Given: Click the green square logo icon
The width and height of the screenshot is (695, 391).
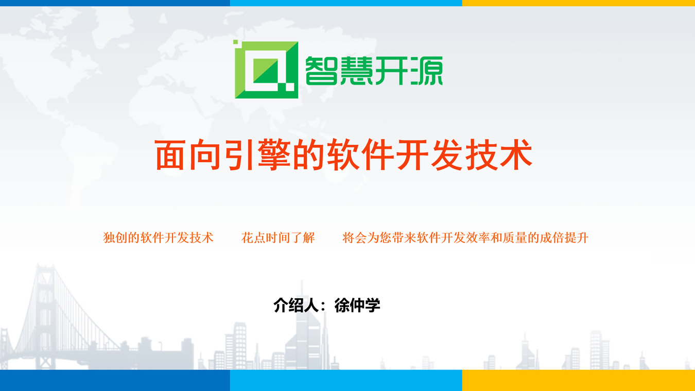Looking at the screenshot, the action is [x=266, y=69].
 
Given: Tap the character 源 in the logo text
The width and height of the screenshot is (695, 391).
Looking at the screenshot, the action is [x=427, y=71].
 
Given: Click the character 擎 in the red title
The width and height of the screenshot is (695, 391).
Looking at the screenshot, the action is [x=274, y=155].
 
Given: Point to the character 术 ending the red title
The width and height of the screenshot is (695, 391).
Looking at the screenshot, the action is [x=516, y=155].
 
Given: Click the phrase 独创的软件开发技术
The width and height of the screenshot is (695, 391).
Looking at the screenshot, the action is [x=158, y=237].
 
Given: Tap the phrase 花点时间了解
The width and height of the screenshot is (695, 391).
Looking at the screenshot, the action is [x=278, y=237].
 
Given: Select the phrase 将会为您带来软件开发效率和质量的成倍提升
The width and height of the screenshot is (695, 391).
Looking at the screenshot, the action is [x=465, y=237].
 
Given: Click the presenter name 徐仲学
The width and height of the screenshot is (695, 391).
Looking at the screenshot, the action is [x=357, y=305].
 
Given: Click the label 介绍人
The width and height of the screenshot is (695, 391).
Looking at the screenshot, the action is [x=296, y=305].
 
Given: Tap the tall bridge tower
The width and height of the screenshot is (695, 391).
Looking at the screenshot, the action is [x=46, y=314].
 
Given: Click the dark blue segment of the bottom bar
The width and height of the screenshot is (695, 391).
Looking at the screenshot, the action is [x=115, y=380].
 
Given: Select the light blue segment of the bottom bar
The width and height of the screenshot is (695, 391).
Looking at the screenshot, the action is [x=346, y=380].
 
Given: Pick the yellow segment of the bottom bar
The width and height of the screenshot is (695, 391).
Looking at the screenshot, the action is [x=579, y=380].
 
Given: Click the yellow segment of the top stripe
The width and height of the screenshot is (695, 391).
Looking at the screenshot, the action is [x=579, y=3].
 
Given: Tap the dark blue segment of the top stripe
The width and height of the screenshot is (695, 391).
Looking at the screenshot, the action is [x=115, y=3].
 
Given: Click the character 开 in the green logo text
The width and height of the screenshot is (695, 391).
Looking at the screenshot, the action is [x=392, y=71].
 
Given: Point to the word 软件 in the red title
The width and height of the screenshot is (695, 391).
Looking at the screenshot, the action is [x=360, y=155].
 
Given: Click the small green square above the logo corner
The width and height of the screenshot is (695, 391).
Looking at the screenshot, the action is [x=235, y=42].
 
